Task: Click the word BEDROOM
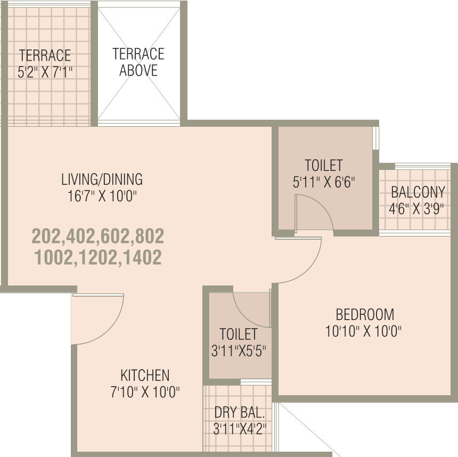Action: point(365,315)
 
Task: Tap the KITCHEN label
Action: point(145,376)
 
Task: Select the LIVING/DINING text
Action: point(102,179)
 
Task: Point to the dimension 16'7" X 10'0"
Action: point(102,196)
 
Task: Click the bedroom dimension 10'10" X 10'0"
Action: point(363,331)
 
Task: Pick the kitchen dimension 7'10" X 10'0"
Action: point(145,392)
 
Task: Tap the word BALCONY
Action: point(418,192)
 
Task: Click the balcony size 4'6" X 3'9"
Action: point(416,209)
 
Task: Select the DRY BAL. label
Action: point(240,412)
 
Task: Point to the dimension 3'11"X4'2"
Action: point(240,429)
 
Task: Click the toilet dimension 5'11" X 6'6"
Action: point(324,182)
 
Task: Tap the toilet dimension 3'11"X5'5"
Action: point(239,350)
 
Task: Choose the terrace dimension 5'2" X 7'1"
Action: point(45,72)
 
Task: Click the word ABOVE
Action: point(138,70)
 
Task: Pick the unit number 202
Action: point(47,236)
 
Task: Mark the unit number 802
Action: point(149,236)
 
